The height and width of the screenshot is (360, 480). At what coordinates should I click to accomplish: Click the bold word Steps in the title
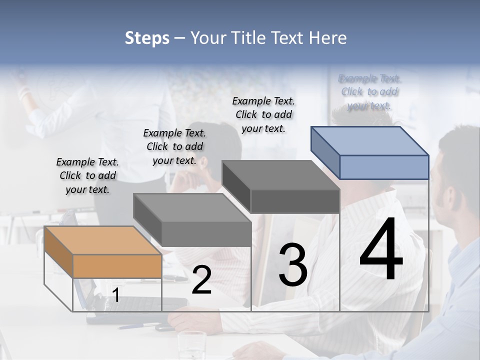coord(147,38)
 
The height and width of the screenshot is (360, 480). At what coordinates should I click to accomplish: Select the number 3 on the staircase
coord(293,265)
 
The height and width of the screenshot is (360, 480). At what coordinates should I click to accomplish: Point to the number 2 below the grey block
coord(201,280)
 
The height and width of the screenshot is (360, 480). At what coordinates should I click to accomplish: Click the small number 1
coord(116,295)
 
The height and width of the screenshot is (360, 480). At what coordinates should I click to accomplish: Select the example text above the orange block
coord(87,175)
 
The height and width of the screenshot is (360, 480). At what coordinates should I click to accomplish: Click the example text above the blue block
coord(369,91)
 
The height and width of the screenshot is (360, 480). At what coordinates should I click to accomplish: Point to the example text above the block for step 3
coord(264,114)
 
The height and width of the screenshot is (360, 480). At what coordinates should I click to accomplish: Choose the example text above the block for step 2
coord(174,146)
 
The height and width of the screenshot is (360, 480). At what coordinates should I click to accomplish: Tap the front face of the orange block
coord(117,266)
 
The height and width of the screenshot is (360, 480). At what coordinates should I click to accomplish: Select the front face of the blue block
coord(384,167)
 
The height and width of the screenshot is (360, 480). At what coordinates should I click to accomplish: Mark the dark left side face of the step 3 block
coord(236,187)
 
